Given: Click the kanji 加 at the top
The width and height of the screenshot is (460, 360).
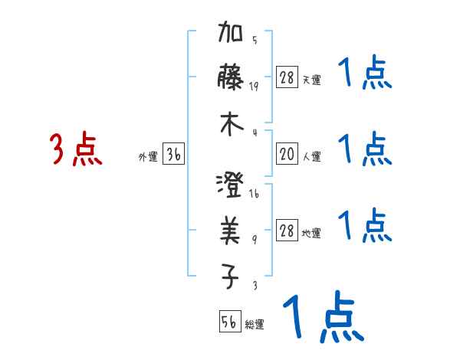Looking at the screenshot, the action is pos(231,34).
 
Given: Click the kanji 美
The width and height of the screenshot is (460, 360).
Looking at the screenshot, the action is pos(231,230).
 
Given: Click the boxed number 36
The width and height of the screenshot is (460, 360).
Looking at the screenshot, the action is pos(173,155).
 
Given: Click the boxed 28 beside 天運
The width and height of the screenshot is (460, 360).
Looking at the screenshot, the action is pos(287,78).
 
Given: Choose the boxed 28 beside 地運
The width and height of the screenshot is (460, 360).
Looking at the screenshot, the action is pos(287,231).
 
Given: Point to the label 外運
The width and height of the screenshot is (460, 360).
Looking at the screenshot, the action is pos(148,157).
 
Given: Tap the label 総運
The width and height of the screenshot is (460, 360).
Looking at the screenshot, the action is pos(255,324).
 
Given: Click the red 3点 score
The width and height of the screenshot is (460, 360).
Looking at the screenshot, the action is pos(76,149).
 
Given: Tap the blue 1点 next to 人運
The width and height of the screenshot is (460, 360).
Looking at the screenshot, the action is pos(364,149).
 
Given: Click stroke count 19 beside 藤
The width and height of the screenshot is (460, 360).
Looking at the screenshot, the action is pos(254,86).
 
